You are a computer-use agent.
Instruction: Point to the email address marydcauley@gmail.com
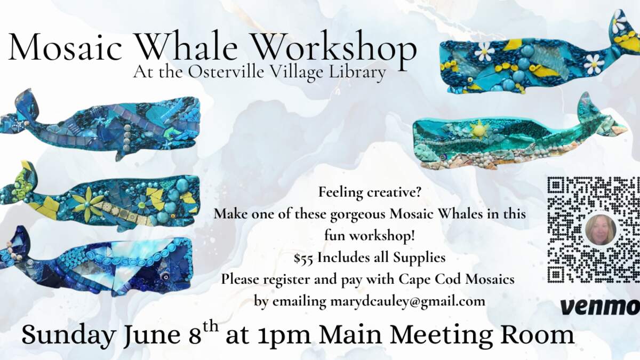407,302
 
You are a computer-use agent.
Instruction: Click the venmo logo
599,307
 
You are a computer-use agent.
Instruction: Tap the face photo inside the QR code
601,230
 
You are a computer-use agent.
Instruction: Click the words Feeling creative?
370,193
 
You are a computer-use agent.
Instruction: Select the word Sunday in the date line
69,335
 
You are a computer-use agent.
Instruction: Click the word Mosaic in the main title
66,46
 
